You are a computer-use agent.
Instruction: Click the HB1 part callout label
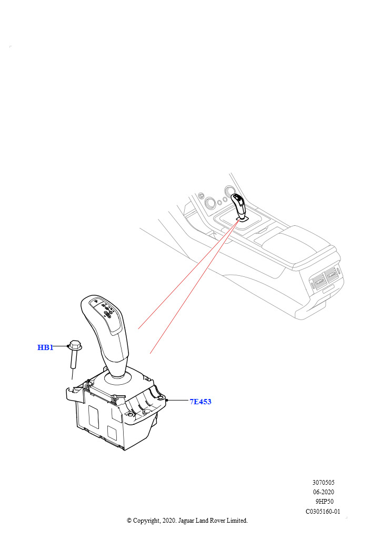45,347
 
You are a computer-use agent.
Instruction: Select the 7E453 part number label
200,402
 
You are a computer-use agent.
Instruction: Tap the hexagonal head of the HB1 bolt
75,345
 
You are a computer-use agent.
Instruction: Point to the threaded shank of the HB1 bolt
74,358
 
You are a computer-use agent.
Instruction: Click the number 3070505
323,483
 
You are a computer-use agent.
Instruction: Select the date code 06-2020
323,492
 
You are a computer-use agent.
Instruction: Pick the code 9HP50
324,502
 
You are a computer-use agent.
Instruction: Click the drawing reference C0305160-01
323,512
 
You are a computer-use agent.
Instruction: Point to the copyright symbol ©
129,521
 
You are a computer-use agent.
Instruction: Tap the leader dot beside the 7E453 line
166,401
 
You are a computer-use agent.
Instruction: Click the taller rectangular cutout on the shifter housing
94,417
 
